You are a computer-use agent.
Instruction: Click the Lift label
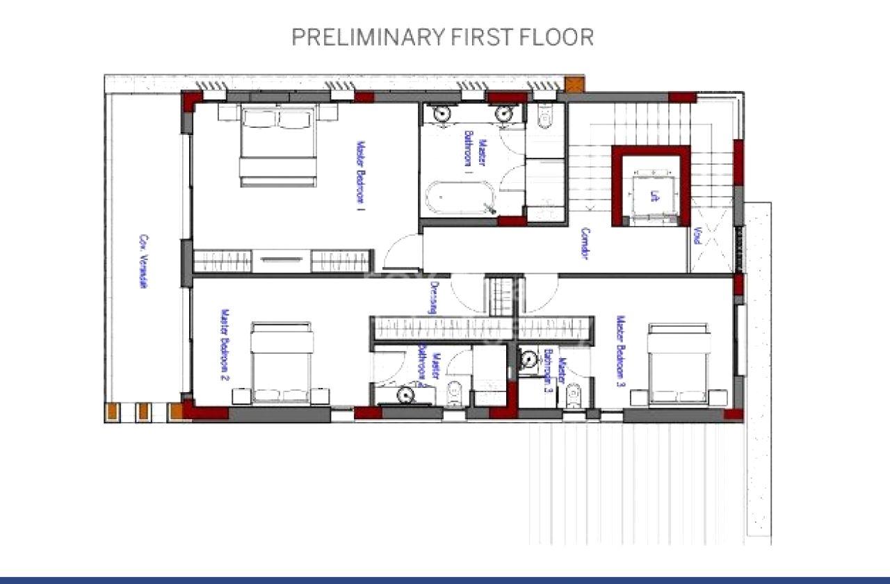654,196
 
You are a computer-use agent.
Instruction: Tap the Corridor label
585,244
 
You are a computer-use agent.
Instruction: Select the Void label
697,236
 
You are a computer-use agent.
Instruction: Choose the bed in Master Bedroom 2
281,363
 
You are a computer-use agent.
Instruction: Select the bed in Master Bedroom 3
679,363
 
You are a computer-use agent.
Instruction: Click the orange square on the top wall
575,85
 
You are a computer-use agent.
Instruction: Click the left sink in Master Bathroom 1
442,113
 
